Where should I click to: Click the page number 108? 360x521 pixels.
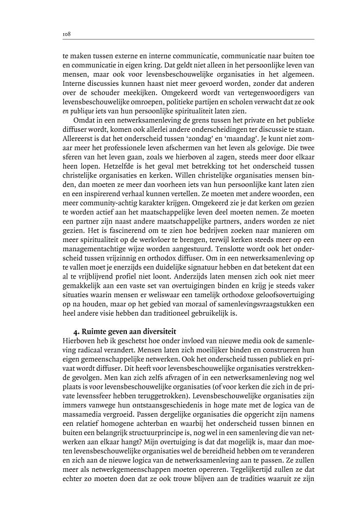(67, 34)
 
